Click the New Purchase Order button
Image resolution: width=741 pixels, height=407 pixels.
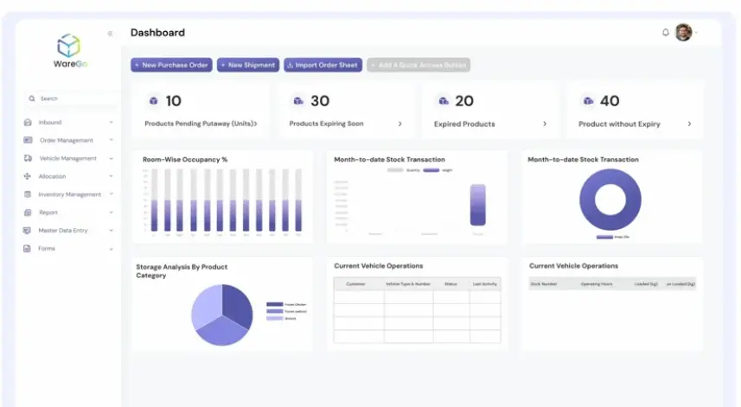point(171,65)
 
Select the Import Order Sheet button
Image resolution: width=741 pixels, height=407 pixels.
point(323,65)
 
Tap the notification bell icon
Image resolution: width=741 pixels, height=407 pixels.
point(666,33)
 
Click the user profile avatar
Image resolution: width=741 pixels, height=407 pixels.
point(683,32)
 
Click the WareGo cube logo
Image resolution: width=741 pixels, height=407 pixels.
point(68,45)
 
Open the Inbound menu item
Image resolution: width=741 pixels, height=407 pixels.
point(50,123)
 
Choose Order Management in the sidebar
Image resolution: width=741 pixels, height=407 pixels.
point(66,140)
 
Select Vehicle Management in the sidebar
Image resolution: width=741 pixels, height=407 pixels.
point(67,158)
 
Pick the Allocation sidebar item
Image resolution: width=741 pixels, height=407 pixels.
point(52,176)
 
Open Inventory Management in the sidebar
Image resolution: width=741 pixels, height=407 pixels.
point(69,194)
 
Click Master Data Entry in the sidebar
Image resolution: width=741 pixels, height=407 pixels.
point(62,231)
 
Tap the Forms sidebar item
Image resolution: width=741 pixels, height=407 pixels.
point(47,249)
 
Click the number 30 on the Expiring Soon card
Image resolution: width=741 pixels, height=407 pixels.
point(320,101)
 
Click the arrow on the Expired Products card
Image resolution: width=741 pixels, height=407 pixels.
point(545,124)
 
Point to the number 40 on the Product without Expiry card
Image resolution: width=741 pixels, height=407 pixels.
point(610,101)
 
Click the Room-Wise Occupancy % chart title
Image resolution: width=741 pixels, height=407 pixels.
point(185,160)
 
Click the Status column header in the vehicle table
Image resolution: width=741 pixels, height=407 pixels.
point(450,283)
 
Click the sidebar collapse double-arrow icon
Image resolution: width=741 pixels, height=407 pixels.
point(110,34)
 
